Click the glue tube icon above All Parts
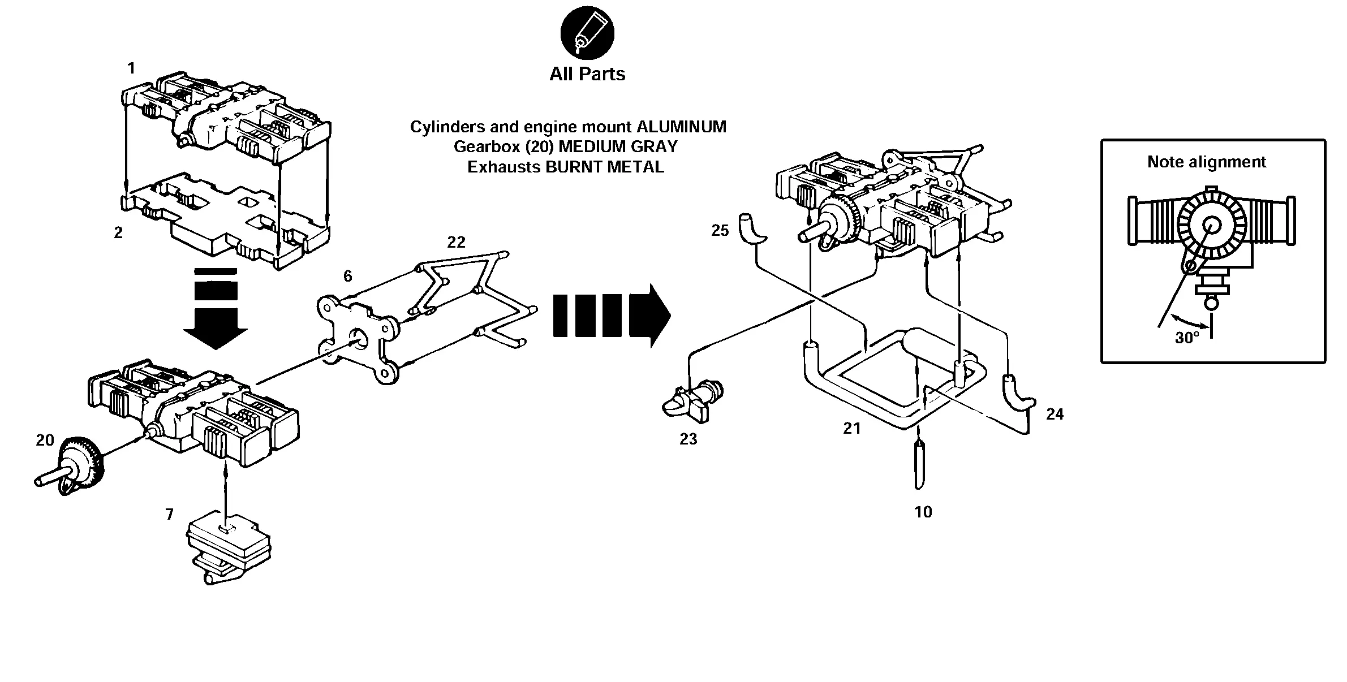587,33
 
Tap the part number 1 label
131,68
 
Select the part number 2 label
118,233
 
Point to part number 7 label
169,515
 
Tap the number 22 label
456,242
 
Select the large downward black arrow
216,308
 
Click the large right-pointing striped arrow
612,316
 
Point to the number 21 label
851,429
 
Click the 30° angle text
1187,338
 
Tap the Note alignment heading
1206,162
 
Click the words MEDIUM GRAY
618,147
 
